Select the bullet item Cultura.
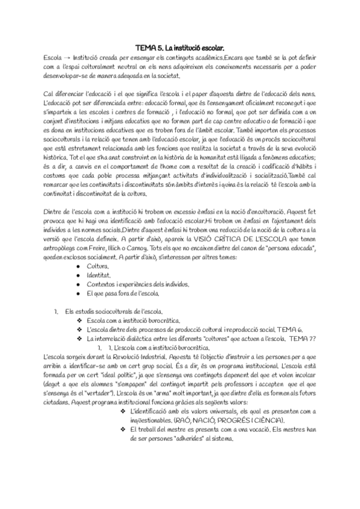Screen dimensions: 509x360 pos(98,266)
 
